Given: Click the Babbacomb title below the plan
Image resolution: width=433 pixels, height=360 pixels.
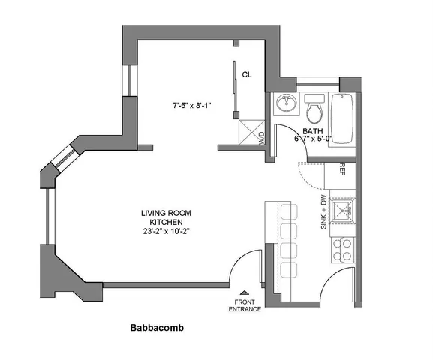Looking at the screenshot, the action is pos(157,328).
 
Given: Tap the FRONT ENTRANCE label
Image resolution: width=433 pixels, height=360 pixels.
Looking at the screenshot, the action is pos(245,305).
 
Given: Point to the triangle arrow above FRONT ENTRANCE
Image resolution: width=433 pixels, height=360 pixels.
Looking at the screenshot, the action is pos(245,293).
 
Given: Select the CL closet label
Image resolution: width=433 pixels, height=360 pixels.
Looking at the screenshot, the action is pos(247,74).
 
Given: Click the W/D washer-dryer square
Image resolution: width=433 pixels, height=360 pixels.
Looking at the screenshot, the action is pos(252,132).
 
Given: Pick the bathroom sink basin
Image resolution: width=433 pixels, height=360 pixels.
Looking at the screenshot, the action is pos(286,103).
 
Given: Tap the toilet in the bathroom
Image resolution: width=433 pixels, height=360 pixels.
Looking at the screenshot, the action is pos(314,109).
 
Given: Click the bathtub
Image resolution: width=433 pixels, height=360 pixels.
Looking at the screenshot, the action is pos(342,118).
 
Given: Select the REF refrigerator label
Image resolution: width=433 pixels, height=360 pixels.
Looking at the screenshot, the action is pos(342,169).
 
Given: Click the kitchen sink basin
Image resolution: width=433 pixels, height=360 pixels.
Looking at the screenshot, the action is pos(342,211).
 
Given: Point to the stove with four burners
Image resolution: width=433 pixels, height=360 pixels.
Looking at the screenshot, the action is pos(342,250).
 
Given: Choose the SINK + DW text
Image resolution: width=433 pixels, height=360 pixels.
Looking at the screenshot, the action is pos(323,212).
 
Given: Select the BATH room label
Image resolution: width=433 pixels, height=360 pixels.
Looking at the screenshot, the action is pos(313,131).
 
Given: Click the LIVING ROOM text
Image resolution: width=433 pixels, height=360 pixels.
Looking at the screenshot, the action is pos(166,213).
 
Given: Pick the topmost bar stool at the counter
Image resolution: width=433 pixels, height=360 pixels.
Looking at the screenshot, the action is pos(289,212).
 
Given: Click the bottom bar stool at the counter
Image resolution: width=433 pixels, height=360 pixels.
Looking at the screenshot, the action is pos(289,270).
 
